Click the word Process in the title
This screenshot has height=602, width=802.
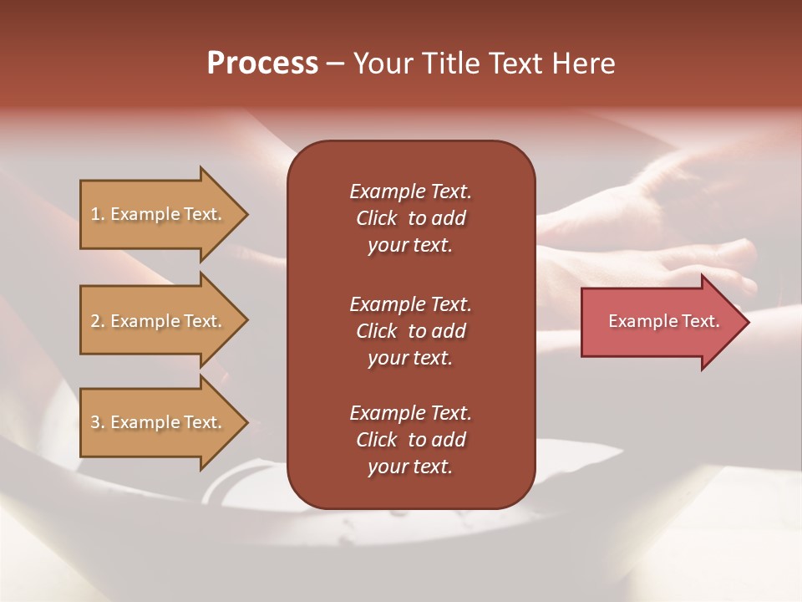(262, 64)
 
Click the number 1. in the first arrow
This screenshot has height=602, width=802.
(98, 214)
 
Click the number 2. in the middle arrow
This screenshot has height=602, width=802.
(98, 321)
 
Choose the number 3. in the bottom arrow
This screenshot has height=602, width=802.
(98, 422)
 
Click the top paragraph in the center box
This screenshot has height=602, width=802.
(410, 218)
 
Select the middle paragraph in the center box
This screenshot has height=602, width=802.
(410, 331)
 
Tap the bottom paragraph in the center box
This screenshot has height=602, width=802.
(410, 440)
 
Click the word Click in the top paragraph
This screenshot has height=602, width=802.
(377, 218)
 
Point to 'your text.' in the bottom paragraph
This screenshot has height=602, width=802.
(410, 467)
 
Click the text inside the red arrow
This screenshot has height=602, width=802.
(663, 321)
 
